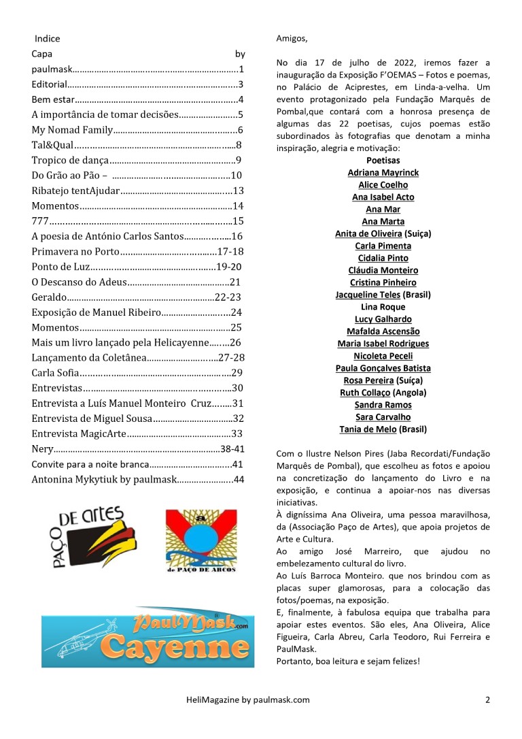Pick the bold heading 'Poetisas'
pos(383,161)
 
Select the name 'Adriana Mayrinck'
pos(383,173)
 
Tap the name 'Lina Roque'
pos(383,307)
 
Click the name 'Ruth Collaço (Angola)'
pos(383,393)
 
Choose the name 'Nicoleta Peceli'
pos(383,356)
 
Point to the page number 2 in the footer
pos(487,699)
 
